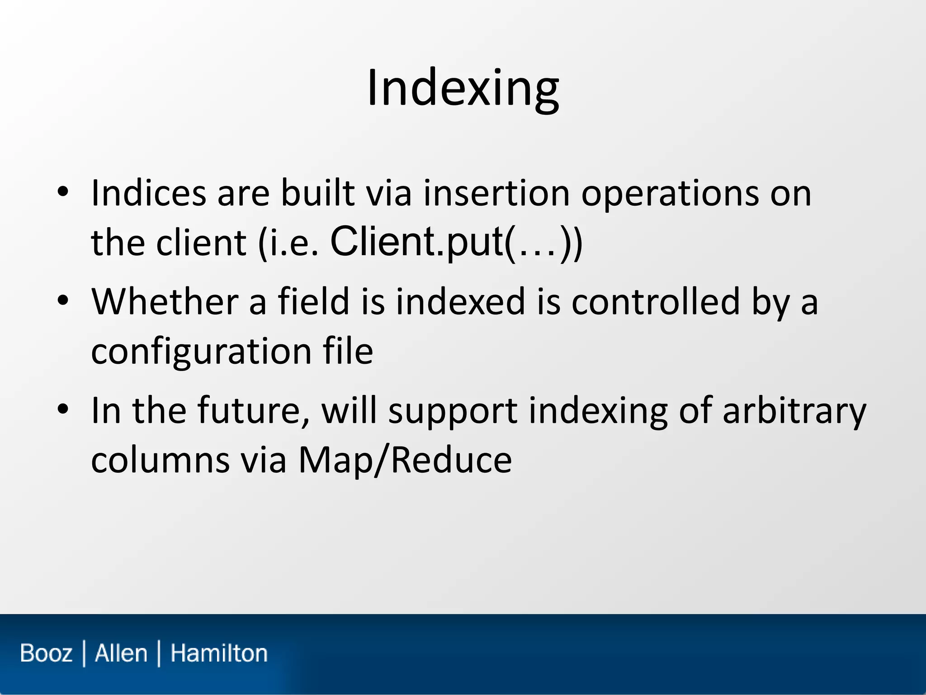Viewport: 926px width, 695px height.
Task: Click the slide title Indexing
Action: (x=463, y=88)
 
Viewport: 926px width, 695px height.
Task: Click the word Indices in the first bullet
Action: (x=149, y=194)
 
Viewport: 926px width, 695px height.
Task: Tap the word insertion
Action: (x=496, y=194)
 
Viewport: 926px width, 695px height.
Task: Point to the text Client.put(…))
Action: (x=456, y=243)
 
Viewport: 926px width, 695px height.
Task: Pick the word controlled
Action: (x=655, y=302)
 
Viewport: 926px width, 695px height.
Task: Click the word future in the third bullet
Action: (x=254, y=410)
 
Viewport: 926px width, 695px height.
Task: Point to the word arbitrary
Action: (x=794, y=411)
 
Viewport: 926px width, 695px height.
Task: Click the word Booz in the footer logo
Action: (x=46, y=653)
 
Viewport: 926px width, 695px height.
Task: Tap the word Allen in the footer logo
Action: (x=121, y=653)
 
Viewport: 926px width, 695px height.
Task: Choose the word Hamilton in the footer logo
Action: (x=219, y=653)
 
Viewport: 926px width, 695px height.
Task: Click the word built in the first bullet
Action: (x=317, y=194)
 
